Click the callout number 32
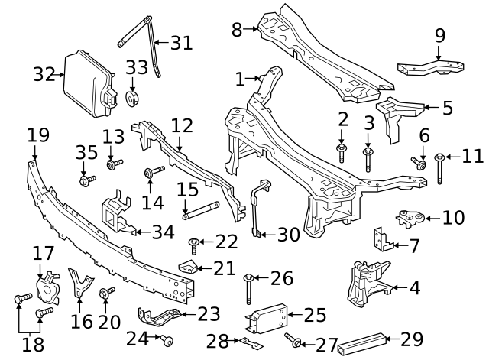tap(44, 74)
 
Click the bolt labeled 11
tap(441, 168)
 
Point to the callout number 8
tap(237, 30)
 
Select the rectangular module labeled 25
tap(268, 315)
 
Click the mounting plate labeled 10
tap(412, 219)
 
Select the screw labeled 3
tap(368, 159)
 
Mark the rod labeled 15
tap(201, 209)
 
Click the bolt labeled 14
tap(154, 171)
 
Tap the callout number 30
tap(288, 235)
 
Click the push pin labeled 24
tap(167, 339)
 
